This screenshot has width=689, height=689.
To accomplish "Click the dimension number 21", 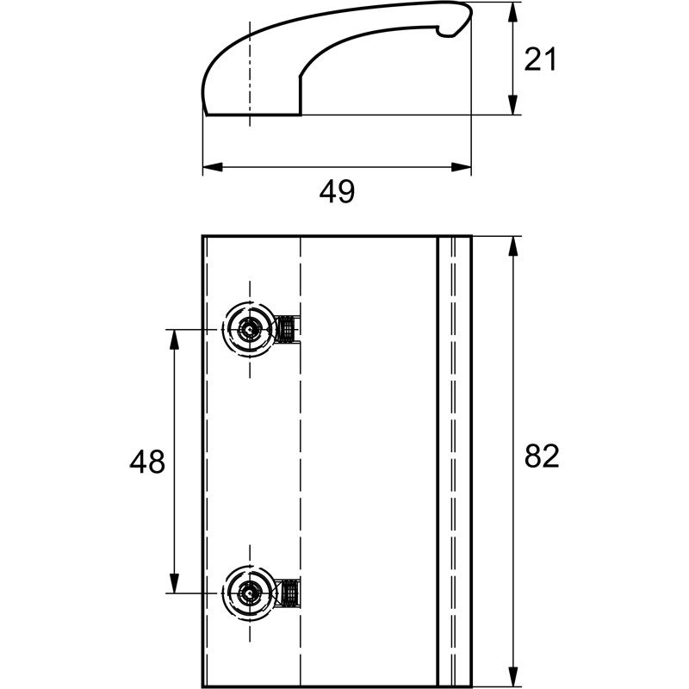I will point(541,59).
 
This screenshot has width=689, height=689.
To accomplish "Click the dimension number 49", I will point(337,192).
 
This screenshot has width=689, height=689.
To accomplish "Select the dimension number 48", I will point(147,462).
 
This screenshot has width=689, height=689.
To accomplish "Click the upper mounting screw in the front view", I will point(249,328).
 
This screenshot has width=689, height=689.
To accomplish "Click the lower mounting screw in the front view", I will point(249,593).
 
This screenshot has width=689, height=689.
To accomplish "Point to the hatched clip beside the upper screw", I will point(289,328).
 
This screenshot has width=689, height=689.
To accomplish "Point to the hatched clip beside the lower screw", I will point(289,593).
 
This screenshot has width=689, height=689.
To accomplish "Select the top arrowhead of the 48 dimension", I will point(174,338).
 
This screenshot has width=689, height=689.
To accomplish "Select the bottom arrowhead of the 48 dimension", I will point(174,583).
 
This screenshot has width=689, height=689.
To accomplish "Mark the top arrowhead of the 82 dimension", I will point(513,245).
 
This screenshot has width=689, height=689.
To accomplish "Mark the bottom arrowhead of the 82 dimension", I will point(513,678).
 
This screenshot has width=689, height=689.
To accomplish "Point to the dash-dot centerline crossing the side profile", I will point(250,69).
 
